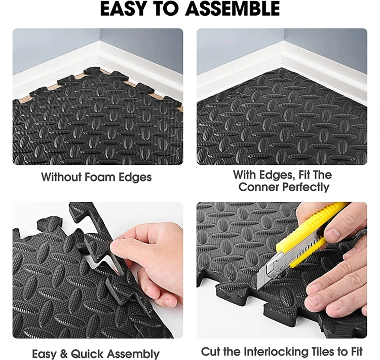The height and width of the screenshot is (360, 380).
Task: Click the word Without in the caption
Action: pyautogui.click(x=61, y=177)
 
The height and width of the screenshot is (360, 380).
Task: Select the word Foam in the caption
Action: pyautogui.click(x=100, y=177)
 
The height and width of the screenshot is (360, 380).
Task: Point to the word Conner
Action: pyautogui.click(x=258, y=187)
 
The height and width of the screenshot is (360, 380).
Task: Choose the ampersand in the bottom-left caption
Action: pyautogui.click(x=63, y=354)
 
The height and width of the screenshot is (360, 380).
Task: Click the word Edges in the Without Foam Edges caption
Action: pyautogui.click(x=135, y=177)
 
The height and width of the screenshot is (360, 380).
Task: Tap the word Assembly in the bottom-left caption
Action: pyautogui.click(x=133, y=354)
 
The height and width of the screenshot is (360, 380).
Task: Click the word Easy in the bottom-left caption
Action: pyautogui.click(x=45, y=354)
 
